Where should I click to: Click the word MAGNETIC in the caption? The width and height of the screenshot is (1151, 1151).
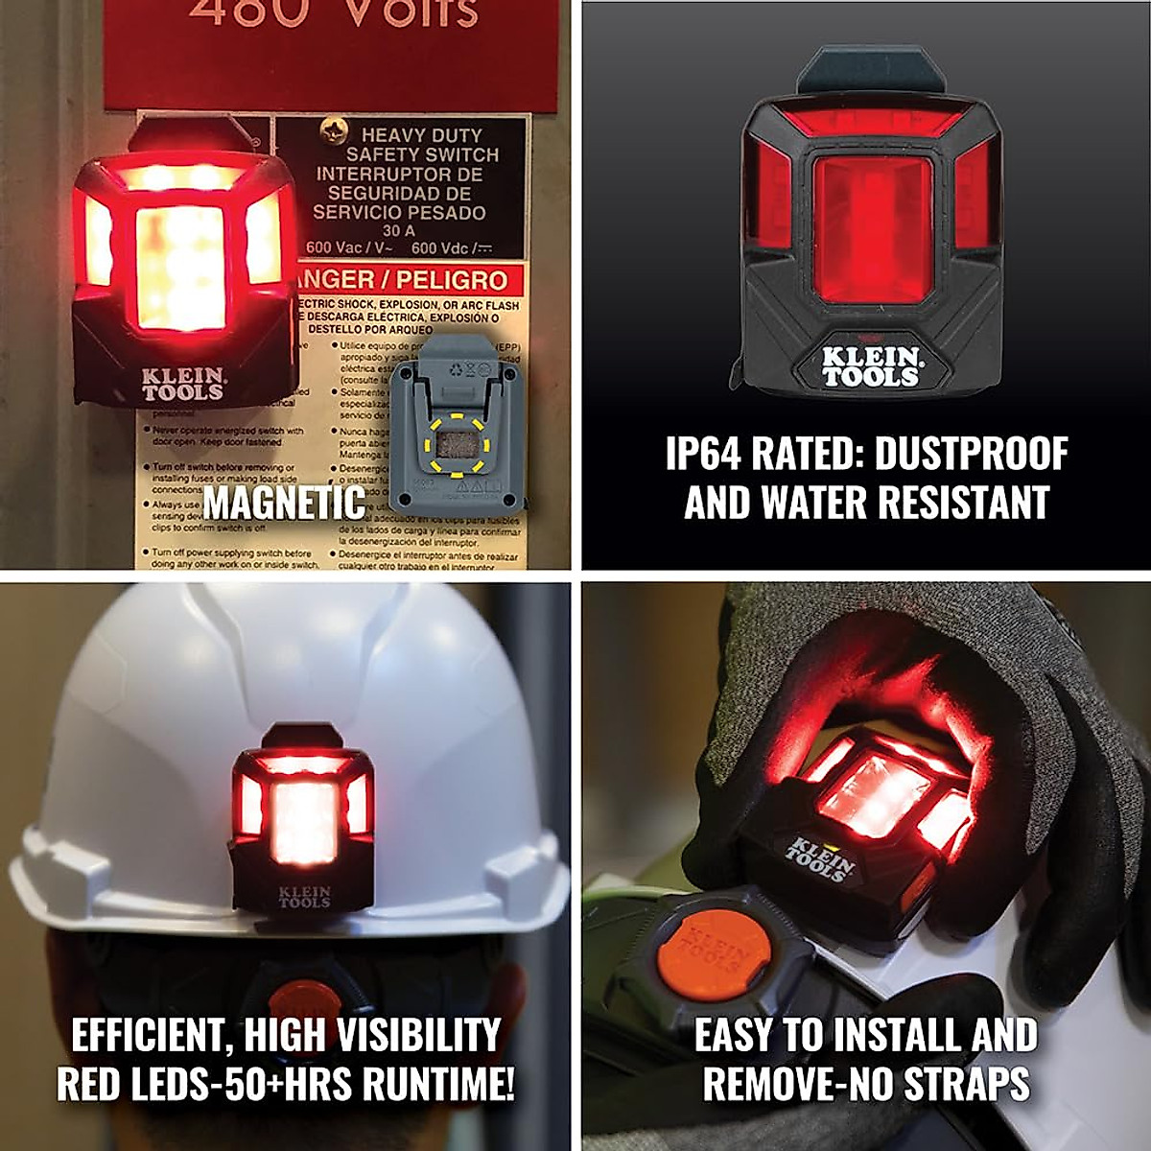coord(284,503)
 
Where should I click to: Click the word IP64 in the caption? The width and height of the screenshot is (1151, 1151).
coord(703,454)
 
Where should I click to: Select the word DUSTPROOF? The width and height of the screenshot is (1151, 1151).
coord(971,454)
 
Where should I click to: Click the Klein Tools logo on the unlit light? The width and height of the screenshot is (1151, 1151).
coord(870,367)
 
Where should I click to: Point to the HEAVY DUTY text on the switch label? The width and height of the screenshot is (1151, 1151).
coord(421,135)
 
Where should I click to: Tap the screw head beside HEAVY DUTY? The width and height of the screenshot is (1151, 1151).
coord(335,126)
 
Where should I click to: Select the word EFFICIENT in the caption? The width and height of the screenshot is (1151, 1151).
coord(149,1036)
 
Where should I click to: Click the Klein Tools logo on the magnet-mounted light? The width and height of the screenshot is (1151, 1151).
coord(183,384)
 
